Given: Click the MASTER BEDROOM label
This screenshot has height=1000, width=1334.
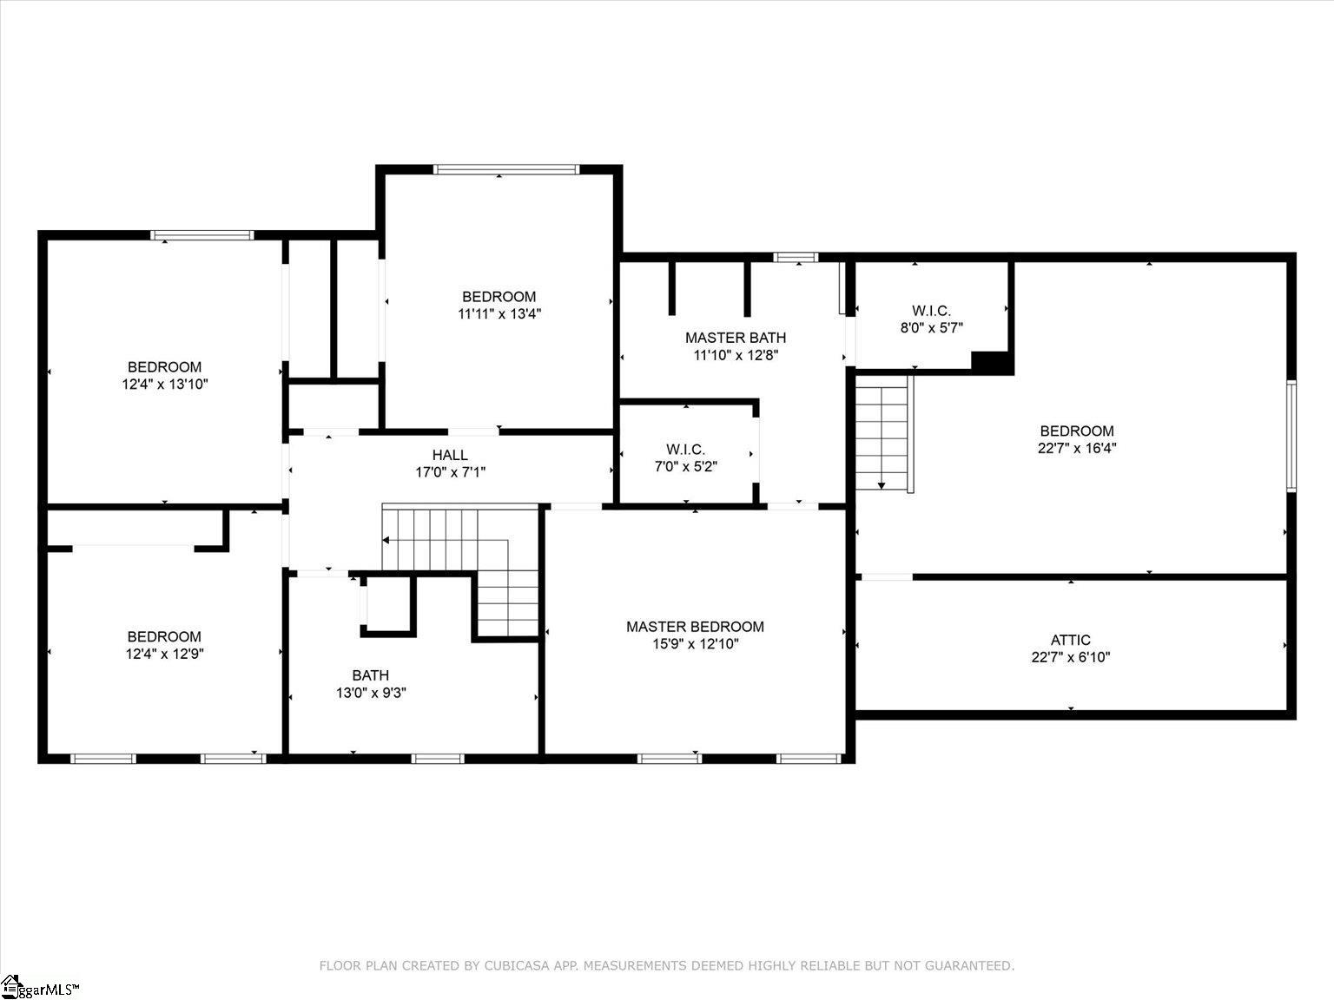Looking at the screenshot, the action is pos(696,627).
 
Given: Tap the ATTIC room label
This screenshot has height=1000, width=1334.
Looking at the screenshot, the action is pos(1070,640).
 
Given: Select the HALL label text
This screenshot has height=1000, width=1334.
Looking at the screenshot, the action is pos(450,455).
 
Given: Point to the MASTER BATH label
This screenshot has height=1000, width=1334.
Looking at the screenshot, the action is pos(736,338).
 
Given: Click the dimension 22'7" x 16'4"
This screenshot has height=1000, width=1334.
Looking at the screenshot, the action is pos(1077,448).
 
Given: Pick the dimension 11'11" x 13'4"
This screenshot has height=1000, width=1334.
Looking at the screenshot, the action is pos(499,314).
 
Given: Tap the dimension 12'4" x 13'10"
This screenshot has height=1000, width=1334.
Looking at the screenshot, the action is pos(165,384).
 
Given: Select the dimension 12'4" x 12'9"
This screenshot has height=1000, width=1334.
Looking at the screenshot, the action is pos(164,654).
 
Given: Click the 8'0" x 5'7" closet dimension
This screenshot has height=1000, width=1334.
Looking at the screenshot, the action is pos(932,328).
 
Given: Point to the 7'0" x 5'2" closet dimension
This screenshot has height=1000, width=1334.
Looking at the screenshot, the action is pos(685,467).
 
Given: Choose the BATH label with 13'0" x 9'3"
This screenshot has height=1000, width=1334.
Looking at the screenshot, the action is pos(371,675).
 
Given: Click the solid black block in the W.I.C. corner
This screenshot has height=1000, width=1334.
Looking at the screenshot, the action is pos(991,363).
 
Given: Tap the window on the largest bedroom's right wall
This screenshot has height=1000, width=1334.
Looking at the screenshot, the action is pos(1291,436).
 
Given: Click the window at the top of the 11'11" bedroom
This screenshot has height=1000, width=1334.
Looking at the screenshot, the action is pos(506,169).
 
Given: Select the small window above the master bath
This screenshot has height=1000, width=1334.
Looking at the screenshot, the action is pos(796,258).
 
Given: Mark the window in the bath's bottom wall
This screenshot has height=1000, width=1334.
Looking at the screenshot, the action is pos(438,759).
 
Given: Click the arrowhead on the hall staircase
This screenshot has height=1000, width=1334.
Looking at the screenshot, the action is pos(386,540).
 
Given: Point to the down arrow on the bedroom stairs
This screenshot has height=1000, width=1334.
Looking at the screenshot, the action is pos(882,485).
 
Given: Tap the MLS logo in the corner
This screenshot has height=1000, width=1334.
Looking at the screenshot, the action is pos(40,987).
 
